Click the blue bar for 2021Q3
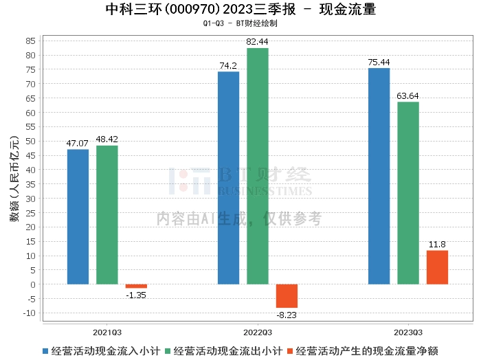point(78,216)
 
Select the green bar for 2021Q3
point(107,214)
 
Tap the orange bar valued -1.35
point(136,286)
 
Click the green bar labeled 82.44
point(258,166)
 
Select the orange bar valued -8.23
point(287,295)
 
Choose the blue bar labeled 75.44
point(379,176)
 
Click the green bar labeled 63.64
point(408,192)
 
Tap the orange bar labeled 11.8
point(437,267)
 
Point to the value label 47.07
point(78,143)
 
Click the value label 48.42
point(107,139)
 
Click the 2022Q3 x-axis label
point(258,330)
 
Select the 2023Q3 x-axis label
point(408,330)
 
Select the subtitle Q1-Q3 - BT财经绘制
point(240,23)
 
